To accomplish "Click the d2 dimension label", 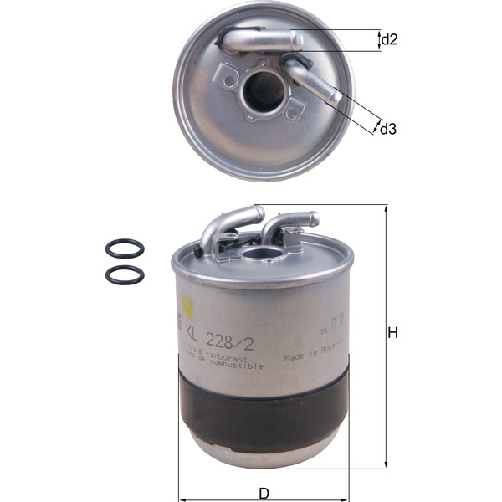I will [x=388, y=39].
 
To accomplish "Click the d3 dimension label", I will [x=387, y=130].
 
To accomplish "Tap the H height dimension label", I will [x=392, y=333].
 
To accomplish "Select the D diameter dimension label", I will [x=263, y=491].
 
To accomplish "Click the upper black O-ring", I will [x=125, y=248].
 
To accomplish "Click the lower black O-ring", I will [x=125, y=274].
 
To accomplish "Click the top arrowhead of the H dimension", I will [x=386, y=209].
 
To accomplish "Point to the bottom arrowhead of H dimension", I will [x=386, y=464].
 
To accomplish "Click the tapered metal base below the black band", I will [x=264, y=448].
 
